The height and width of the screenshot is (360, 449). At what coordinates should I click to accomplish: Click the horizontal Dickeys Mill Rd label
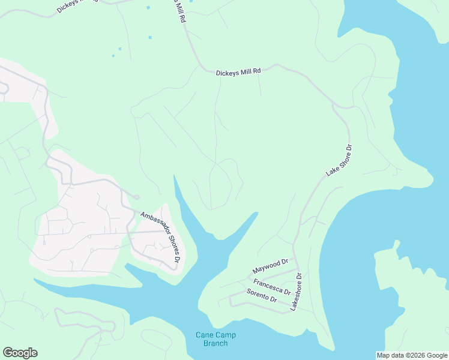click(238, 71)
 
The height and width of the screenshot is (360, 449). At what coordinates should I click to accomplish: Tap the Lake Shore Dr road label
click(339, 160)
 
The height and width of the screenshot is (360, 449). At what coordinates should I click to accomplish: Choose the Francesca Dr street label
click(272, 286)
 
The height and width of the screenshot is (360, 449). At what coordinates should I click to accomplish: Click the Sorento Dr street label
click(262, 295)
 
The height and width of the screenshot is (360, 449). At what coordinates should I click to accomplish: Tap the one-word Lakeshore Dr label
click(296, 291)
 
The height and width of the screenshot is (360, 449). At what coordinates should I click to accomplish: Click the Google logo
click(20, 353)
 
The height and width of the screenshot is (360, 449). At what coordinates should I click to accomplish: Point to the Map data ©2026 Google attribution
click(412, 355)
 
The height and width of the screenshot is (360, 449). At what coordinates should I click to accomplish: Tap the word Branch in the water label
click(215, 343)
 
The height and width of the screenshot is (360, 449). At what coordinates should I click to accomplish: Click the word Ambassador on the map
click(151, 224)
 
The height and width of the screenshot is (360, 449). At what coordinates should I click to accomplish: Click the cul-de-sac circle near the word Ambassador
click(137, 197)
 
